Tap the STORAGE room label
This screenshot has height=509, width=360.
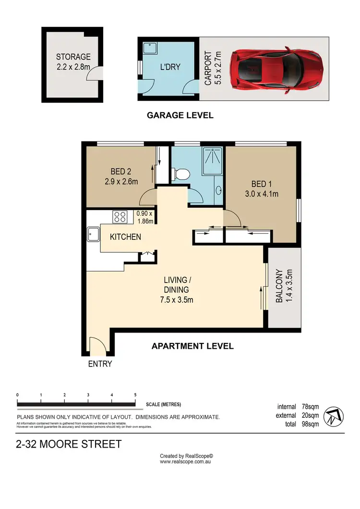(x=73, y=57)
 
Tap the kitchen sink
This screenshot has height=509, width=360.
(x=93, y=234)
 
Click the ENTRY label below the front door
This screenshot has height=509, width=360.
(x=100, y=364)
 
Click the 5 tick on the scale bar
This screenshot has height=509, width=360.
(x=135, y=395)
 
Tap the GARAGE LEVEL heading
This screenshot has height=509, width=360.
(x=180, y=115)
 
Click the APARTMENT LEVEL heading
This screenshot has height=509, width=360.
(x=192, y=345)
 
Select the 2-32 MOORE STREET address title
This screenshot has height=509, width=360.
(x=69, y=444)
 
